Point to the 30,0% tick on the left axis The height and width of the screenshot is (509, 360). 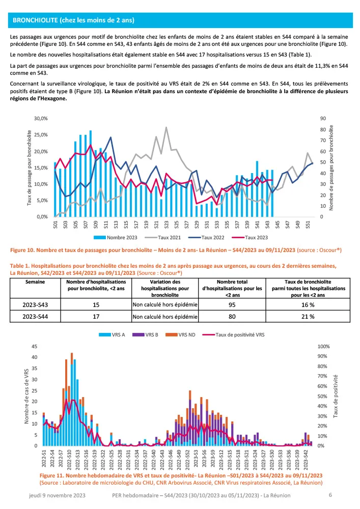(x=41, y=118)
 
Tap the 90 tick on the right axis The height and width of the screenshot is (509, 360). (x=323, y=118)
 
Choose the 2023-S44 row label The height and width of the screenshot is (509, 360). (x=36, y=316)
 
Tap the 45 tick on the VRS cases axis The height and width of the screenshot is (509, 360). (x=35, y=347)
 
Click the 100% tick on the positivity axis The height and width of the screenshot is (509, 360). (x=324, y=347)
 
